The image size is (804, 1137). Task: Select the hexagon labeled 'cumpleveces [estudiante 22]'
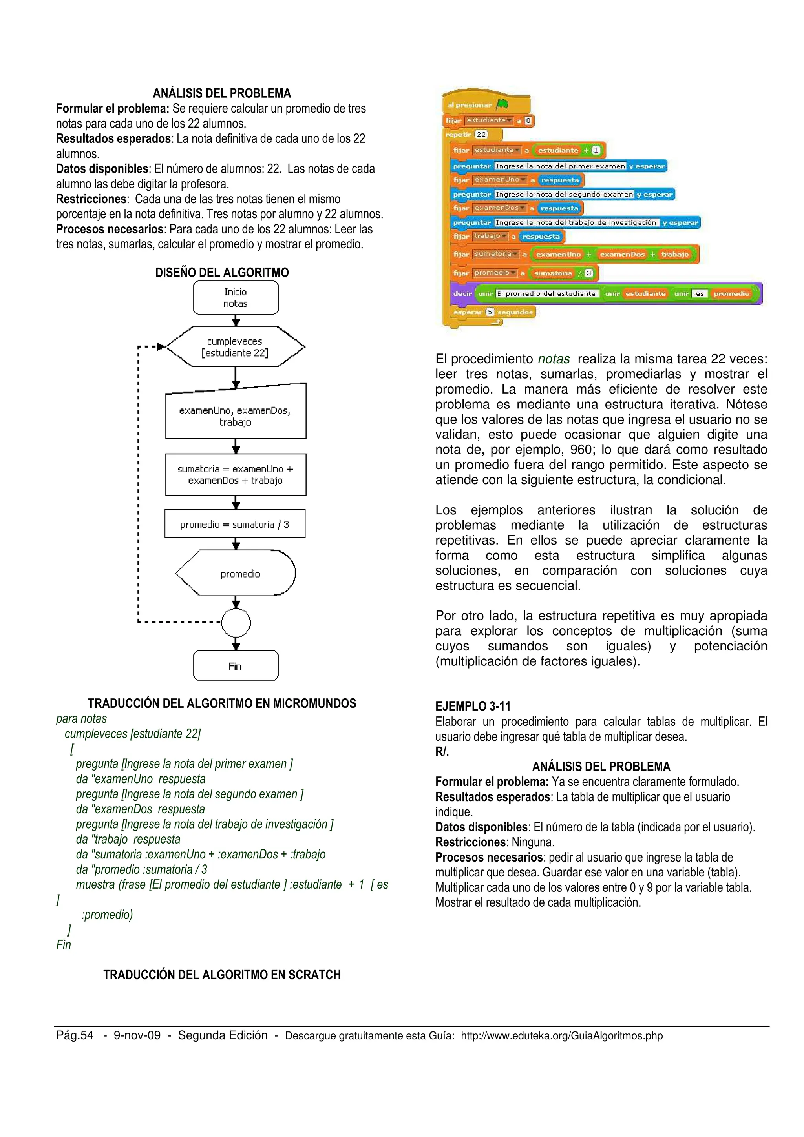coord(235,347)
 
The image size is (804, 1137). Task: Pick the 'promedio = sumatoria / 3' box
coord(235,524)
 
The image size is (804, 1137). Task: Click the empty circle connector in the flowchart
coord(236,623)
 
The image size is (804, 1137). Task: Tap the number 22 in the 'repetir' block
coord(481,134)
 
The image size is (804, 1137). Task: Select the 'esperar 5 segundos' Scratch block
coord(493,312)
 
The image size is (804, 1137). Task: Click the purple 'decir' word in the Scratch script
coord(462,293)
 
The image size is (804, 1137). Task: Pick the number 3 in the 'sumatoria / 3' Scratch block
coord(588,273)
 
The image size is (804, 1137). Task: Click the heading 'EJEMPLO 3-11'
coord(473,706)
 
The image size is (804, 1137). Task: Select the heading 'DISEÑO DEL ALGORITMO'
coord(222,272)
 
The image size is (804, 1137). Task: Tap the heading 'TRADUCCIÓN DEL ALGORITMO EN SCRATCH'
coord(222,975)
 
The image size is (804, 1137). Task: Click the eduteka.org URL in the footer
coord(561,1035)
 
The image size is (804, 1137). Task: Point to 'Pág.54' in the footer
coord(75,1035)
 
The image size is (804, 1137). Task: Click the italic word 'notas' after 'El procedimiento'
coord(554,359)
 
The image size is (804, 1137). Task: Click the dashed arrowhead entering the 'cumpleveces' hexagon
coord(161,347)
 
